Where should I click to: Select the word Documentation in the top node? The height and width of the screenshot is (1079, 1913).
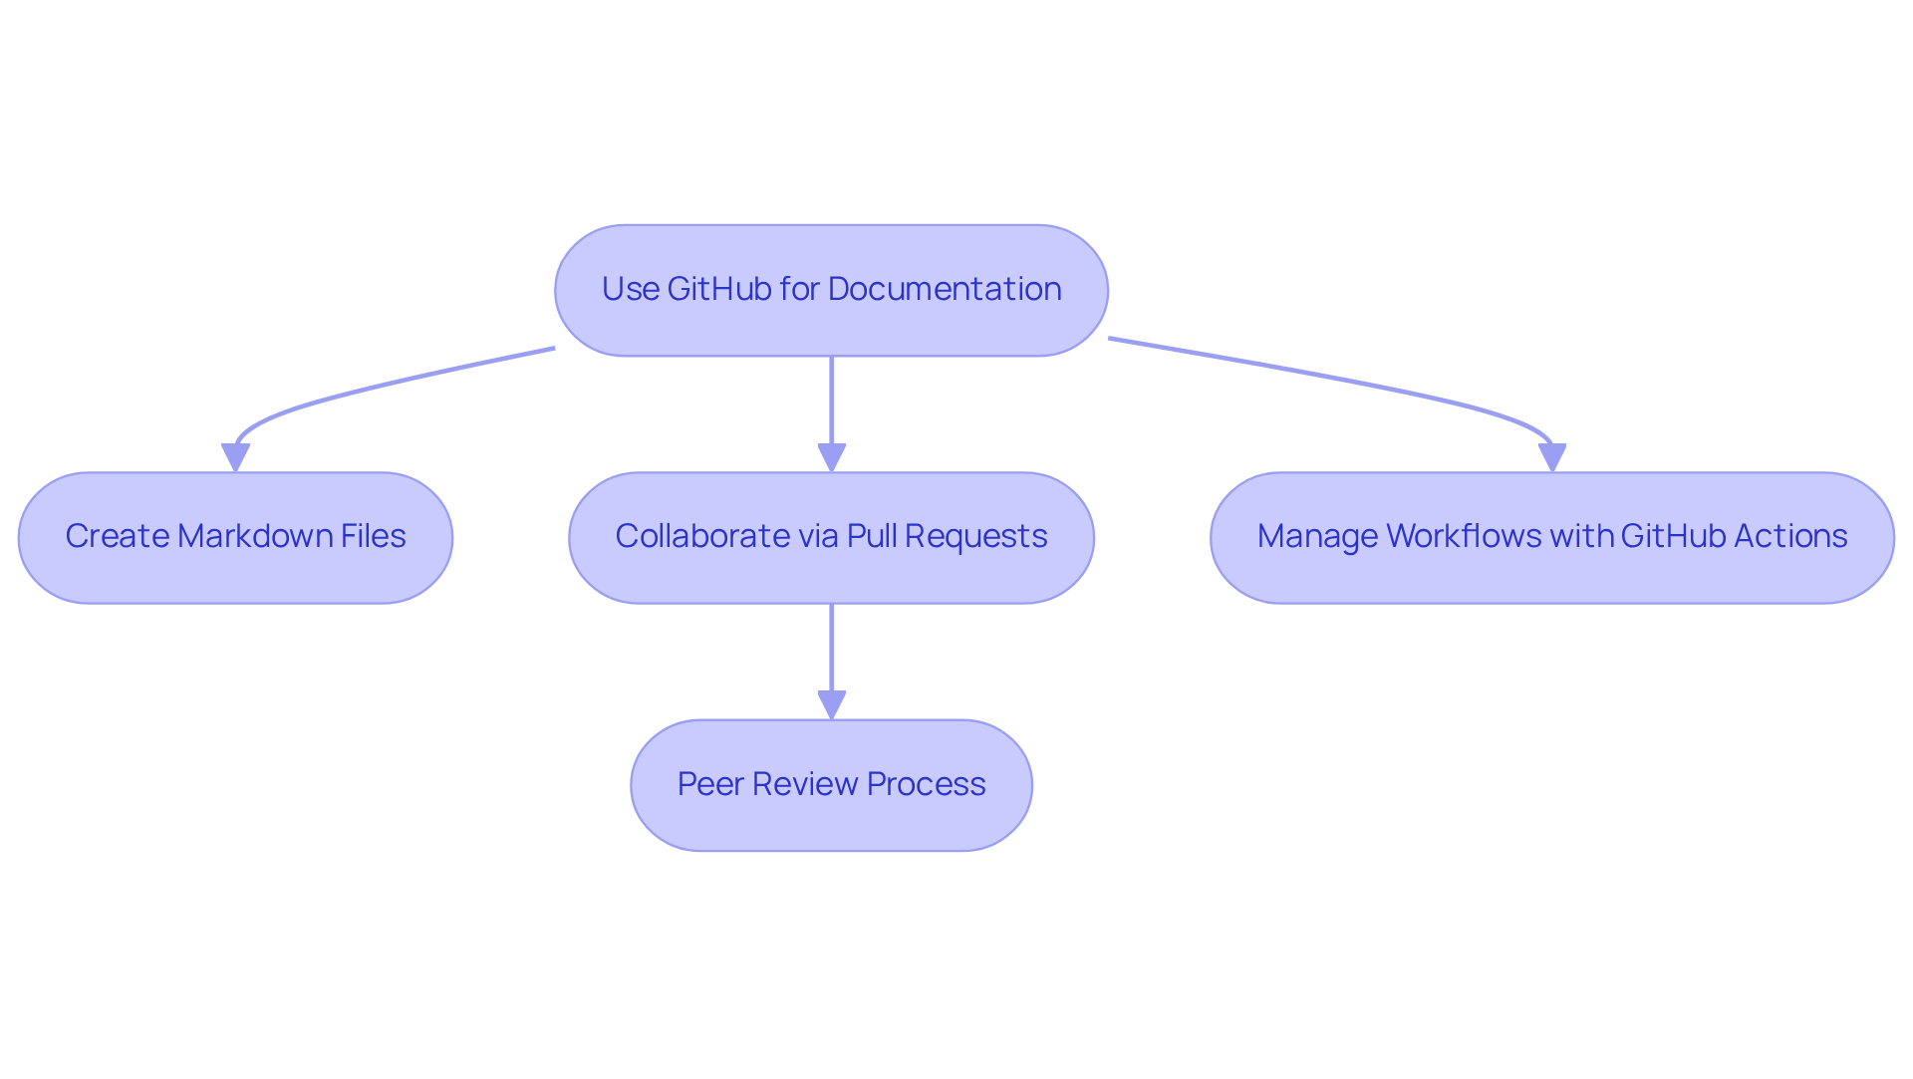945,289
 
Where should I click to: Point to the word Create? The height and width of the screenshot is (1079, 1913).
116,536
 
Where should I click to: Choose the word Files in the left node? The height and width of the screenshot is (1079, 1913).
373,536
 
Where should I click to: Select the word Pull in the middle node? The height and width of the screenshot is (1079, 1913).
872,536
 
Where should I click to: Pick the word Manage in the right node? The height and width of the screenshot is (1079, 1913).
1316,536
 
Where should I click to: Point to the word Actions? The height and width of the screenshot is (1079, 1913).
1790,536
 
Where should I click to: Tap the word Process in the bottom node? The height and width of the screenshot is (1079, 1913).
926,784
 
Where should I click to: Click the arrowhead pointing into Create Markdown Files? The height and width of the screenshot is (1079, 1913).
236,458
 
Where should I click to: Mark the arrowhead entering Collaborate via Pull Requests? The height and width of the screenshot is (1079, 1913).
832,458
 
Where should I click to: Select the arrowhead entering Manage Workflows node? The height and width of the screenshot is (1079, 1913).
1552,458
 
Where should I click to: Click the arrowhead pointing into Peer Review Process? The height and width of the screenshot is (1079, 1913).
832,705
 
